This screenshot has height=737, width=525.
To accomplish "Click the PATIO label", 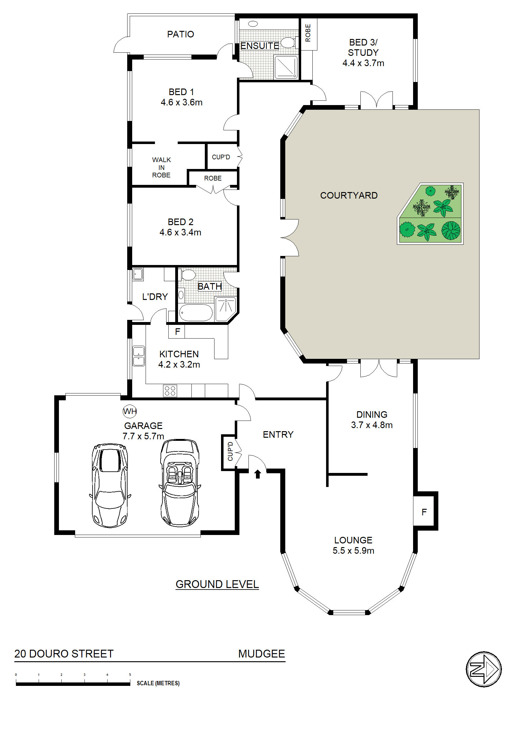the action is point(181,34).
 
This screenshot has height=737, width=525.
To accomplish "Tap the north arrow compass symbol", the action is point(483,669).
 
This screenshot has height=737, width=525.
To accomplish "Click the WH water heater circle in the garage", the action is point(130,412).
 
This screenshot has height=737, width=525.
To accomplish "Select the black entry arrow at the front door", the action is point(257,474).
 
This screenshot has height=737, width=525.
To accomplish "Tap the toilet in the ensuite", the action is point(288,42).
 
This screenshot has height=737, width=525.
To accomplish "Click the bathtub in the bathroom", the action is point(195,313).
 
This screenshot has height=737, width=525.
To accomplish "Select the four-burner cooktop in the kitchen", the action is point(170,391).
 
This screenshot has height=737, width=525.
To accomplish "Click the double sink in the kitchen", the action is point(139,356).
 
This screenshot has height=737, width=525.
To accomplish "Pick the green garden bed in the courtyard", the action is point(430,214).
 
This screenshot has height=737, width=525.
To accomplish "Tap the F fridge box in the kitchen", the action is point(177,331).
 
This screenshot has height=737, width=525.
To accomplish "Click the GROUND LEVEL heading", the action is point(217,584).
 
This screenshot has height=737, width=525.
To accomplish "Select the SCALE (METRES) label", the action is point(158,683).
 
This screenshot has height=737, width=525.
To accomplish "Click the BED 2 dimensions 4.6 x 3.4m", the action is point(181,232).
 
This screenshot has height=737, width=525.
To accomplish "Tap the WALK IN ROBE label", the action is point(161,167).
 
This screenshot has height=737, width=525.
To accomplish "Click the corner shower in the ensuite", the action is point(286,67).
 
